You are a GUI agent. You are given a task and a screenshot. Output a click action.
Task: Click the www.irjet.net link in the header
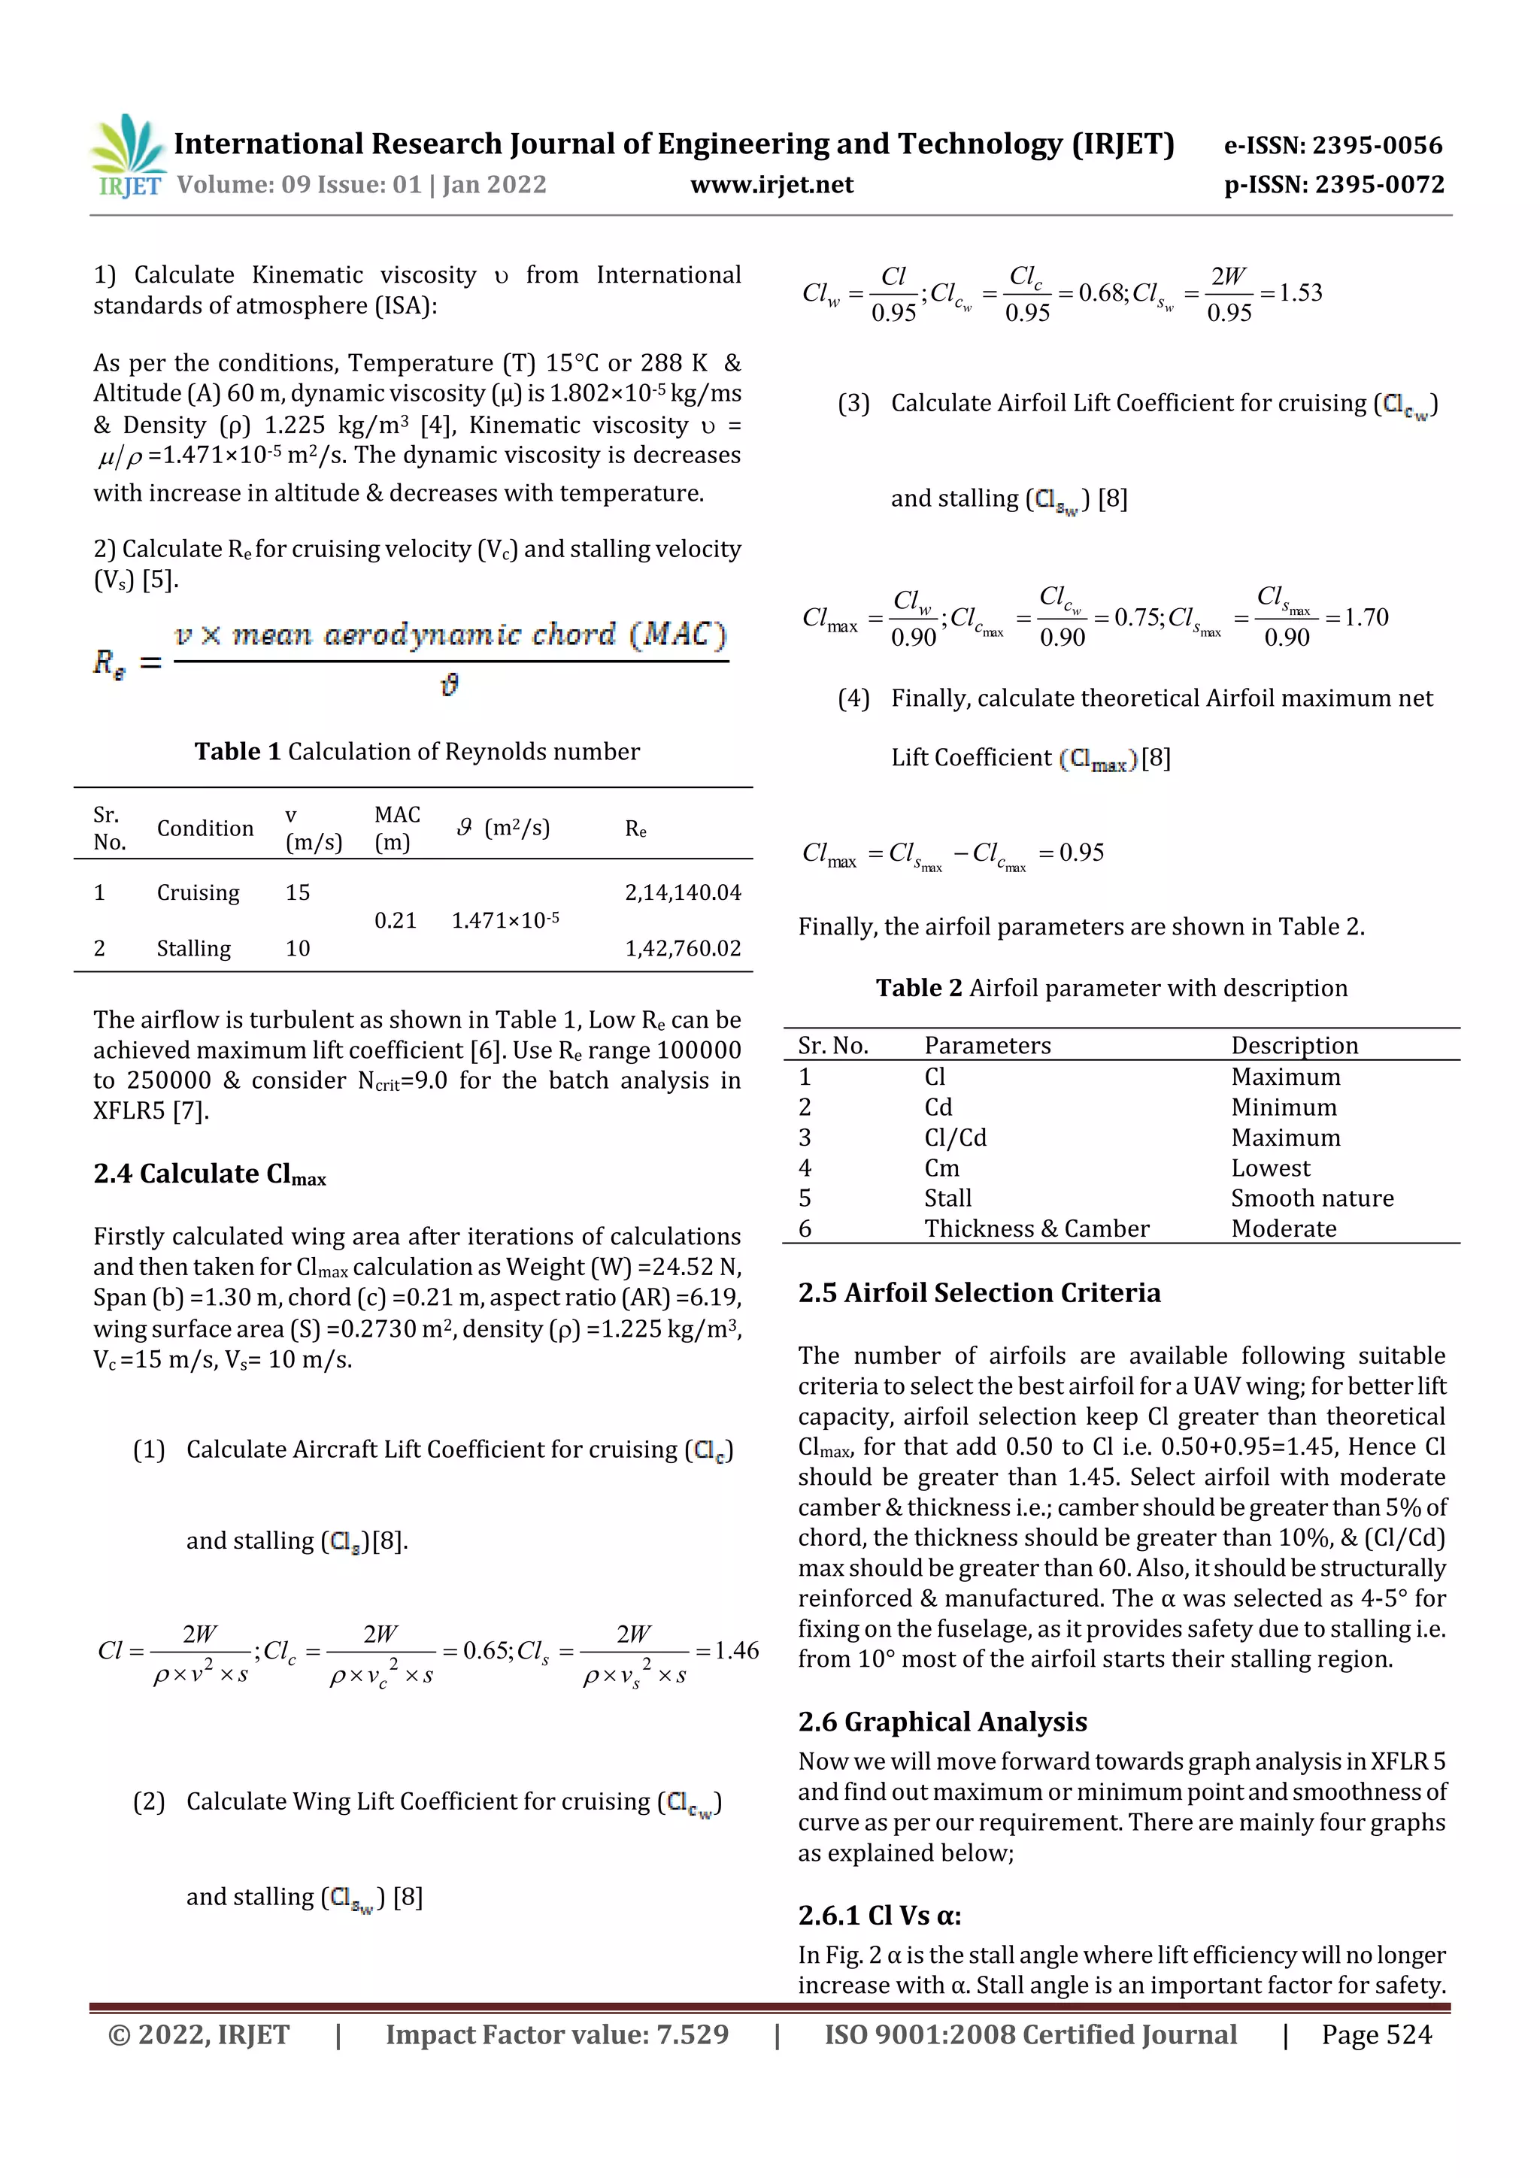click(771, 185)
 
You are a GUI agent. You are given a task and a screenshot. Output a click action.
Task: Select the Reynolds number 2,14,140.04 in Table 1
click(682, 892)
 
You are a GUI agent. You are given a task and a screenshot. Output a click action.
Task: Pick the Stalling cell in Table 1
click(193, 949)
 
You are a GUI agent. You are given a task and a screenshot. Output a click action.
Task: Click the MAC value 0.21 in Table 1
click(396, 920)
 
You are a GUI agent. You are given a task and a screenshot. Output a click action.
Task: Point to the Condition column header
click(205, 828)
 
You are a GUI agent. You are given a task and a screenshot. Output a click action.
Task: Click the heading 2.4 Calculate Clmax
click(210, 1174)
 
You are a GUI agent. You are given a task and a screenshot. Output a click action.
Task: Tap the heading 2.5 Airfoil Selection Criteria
click(979, 1293)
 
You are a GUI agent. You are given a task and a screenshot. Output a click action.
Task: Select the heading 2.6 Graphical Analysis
click(942, 1722)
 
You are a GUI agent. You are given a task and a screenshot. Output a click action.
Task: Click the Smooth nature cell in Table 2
click(1312, 1198)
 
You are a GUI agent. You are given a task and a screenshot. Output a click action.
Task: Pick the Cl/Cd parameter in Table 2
click(956, 1137)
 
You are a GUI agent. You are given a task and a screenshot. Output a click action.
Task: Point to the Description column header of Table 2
click(1294, 1045)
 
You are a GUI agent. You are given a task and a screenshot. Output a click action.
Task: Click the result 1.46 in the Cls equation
click(736, 1650)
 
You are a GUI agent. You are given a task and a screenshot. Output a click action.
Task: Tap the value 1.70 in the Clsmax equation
click(1366, 617)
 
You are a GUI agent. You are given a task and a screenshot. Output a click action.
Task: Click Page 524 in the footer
click(1376, 2034)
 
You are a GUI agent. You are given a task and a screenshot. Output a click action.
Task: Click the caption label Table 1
click(237, 751)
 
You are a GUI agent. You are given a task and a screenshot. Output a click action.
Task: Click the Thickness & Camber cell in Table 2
click(1036, 1228)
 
